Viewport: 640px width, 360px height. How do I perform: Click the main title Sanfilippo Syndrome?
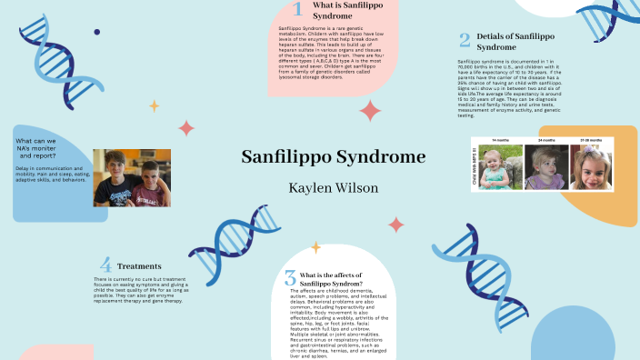333,156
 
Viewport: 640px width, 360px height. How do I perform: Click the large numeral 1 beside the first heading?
297,10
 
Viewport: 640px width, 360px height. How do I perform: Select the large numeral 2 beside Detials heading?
465,40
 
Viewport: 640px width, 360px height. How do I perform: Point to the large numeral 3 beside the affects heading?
290,278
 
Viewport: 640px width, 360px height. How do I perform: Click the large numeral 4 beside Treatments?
105,265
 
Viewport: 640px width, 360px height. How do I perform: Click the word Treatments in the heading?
139,266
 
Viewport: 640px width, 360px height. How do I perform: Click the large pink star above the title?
370,111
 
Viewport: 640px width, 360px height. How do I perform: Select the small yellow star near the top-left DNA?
154,105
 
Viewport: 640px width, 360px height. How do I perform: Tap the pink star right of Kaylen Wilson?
396,224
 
